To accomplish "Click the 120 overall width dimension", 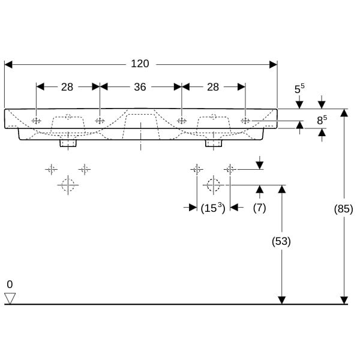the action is click(140, 64).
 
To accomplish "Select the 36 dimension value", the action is click(140, 87).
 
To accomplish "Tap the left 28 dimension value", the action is click(67, 87).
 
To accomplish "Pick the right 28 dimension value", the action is click(213, 87).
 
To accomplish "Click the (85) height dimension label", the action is click(343, 209).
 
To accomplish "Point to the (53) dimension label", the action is click(281, 241).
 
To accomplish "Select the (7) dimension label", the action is click(259, 208).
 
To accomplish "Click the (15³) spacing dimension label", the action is click(213, 208).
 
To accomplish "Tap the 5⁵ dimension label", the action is click(299, 89).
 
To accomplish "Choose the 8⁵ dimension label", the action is click(322, 120).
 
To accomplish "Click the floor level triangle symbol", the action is click(10, 298).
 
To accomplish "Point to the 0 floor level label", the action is click(10, 284).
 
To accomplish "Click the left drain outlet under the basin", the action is click(68, 143).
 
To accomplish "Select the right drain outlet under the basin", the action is click(214, 143).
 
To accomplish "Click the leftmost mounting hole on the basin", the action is click(36, 121).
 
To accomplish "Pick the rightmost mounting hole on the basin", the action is click(245, 121).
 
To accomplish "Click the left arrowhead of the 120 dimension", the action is click(8, 65).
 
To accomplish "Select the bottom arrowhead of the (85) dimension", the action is click(344, 301).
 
